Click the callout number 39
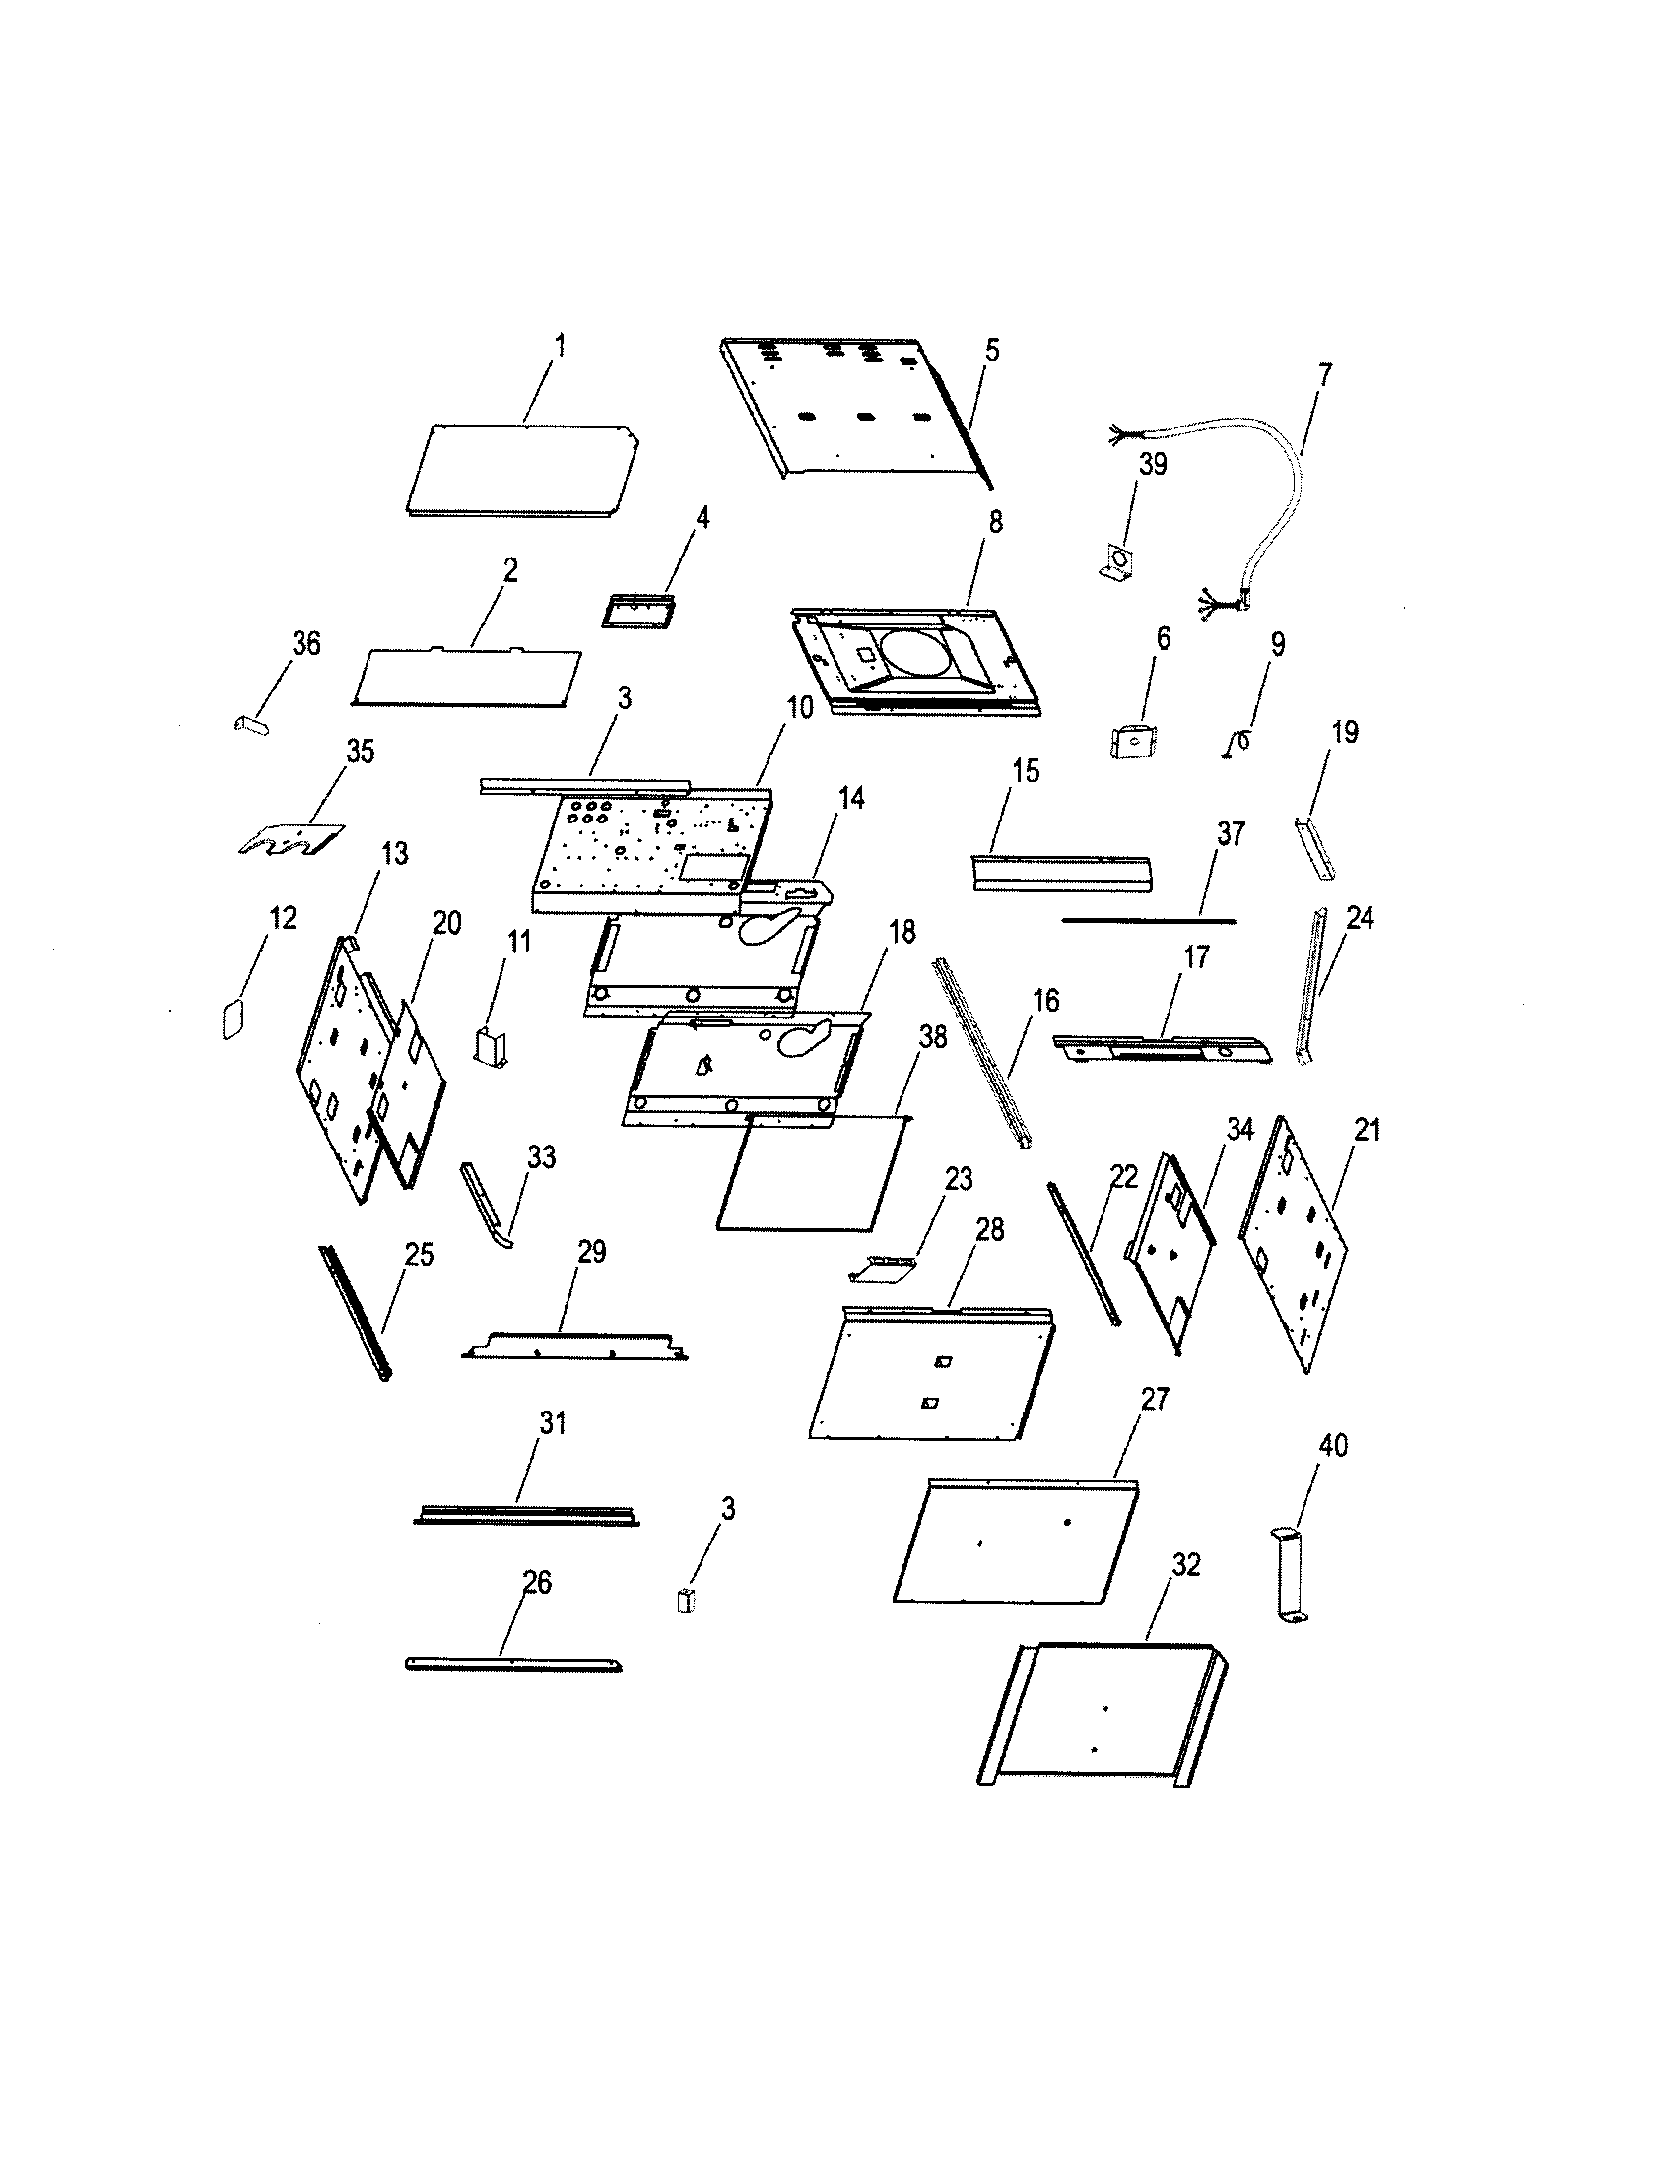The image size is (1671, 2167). (x=1152, y=464)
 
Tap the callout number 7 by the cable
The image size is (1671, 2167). (x=1325, y=375)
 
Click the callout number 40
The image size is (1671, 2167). (x=1333, y=1446)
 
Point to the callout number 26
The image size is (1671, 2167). (x=536, y=1583)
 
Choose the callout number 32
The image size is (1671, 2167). (x=1186, y=1565)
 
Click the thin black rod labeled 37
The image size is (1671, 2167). (x=1148, y=920)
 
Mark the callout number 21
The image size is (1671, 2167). (x=1368, y=1130)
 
